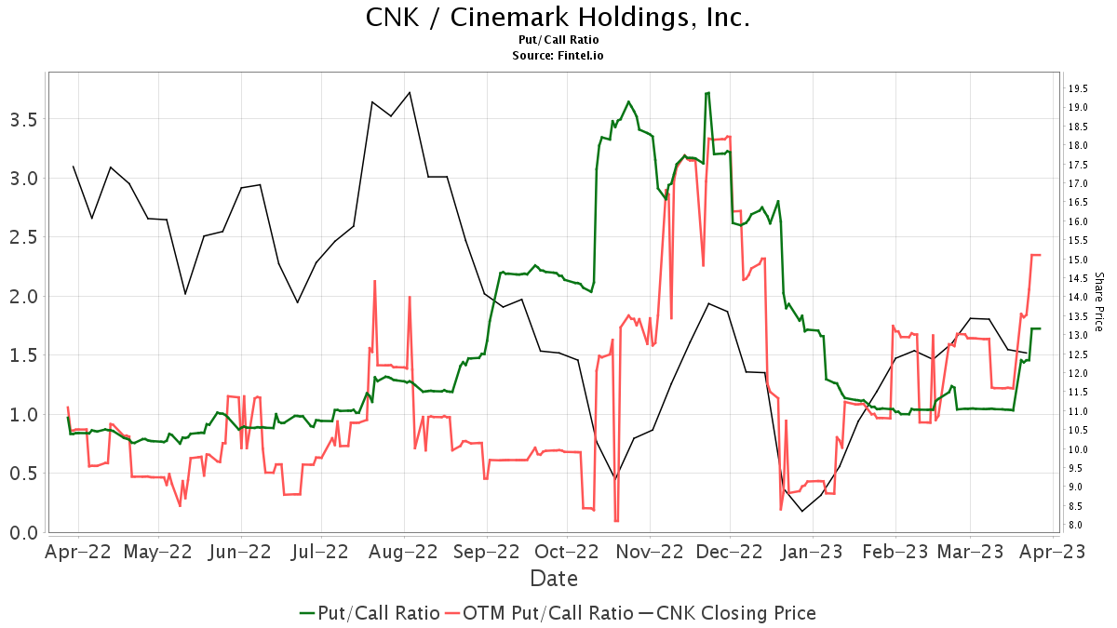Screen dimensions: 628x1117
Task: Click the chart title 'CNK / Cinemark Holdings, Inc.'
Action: click(558, 18)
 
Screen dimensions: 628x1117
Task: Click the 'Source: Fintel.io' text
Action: click(558, 56)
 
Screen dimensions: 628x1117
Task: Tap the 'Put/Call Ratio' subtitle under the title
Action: click(558, 40)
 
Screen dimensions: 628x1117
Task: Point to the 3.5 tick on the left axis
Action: click(22, 119)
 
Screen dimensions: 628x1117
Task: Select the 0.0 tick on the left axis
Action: click(22, 532)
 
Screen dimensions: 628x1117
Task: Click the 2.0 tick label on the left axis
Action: click(22, 296)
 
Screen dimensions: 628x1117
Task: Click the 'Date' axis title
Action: click(554, 579)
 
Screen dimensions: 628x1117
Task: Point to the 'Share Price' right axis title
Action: click(1098, 301)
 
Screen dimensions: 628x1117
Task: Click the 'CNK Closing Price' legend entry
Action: click(735, 613)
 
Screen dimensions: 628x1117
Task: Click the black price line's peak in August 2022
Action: click(410, 92)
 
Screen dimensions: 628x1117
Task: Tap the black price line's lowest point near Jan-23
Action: click(801, 511)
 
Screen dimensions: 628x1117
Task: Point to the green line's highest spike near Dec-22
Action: click(708, 93)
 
